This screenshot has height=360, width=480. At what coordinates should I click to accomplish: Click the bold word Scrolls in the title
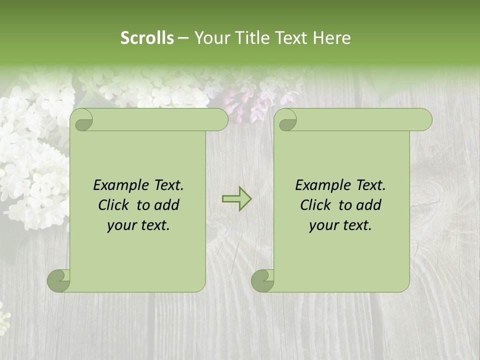pos(147,38)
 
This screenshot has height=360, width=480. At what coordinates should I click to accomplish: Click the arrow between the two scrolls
pos(236,199)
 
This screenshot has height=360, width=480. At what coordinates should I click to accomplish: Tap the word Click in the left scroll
pos(109,205)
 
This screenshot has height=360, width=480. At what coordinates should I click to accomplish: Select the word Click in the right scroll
pos(311,205)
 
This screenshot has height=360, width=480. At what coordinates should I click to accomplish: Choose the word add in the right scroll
pos(369,205)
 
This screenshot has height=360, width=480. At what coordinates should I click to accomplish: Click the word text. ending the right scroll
pos(356,225)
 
